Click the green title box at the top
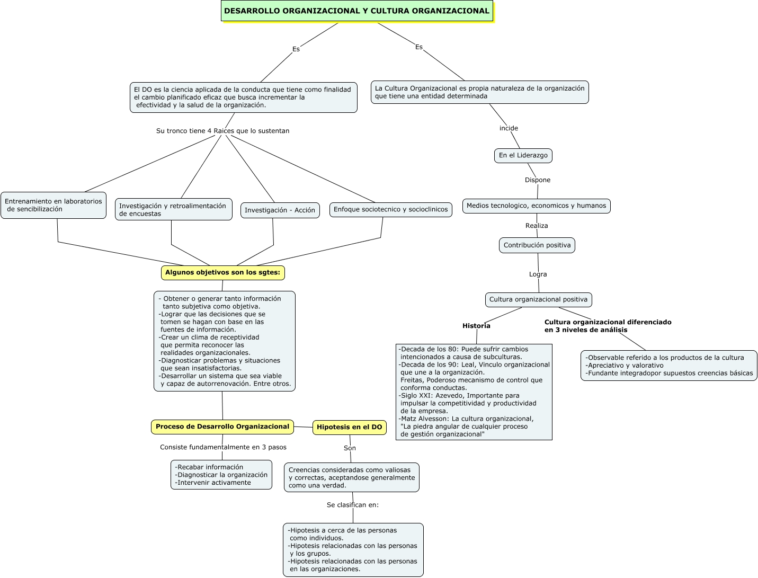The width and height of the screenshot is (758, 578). (x=356, y=11)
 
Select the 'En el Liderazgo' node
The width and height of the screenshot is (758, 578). (x=523, y=155)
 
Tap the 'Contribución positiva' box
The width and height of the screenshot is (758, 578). (x=537, y=245)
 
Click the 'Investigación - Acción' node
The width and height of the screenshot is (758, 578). (x=280, y=210)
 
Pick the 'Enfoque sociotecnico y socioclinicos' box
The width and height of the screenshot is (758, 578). (x=390, y=210)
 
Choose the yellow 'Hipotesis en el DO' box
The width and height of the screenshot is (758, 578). (x=349, y=427)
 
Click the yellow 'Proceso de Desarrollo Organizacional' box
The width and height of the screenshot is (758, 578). (x=222, y=427)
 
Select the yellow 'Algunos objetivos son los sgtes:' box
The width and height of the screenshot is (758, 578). (x=222, y=272)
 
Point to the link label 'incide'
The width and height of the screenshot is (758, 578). (x=509, y=128)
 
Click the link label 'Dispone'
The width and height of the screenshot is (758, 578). (x=538, y=180)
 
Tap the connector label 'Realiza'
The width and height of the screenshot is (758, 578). (x=537, y=226)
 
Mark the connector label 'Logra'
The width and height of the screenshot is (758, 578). (x=538, y=274)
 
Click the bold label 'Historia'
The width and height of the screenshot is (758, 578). (x=476, y=326)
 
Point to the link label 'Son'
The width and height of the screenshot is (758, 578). (x=350, y=448)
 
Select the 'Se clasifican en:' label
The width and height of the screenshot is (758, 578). (x=353, y=505)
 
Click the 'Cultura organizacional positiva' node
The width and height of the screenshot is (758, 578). (x=538, y=300)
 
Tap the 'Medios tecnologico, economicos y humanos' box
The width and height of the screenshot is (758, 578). (x=536, y=206)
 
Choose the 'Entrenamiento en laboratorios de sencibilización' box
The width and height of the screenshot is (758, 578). (x=53, y=206)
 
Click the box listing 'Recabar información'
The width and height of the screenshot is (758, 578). (x=221, y=475)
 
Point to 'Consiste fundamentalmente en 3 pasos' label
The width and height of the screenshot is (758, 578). (x=223, y=447)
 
